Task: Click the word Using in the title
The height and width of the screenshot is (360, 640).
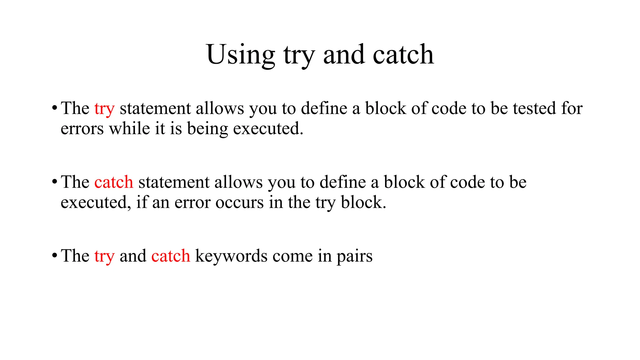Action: [240, 55]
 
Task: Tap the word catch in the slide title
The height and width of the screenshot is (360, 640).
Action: [403, 55]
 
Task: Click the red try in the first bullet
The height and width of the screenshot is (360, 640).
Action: [104, 109]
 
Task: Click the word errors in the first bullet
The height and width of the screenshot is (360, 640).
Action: [82, 129]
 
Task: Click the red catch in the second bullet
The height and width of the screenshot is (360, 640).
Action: [114, 182]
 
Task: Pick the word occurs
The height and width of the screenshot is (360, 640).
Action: [240, 202]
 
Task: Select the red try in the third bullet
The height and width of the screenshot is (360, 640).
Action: [104, 257]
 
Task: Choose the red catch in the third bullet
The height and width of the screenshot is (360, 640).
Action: [171, 256]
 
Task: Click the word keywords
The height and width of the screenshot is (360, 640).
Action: [231, 256]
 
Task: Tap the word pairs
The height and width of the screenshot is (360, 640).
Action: [354, 257]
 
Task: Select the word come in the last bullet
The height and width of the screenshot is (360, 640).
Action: [292, 256]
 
